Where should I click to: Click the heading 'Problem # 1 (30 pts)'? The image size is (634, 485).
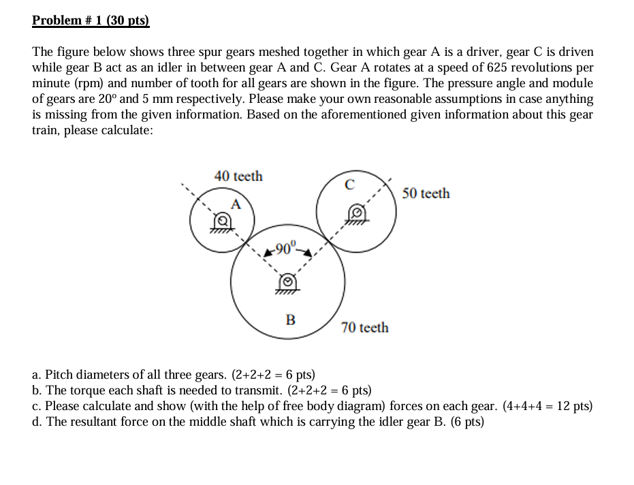point(91,20)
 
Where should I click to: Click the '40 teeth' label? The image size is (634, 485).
point(238,176)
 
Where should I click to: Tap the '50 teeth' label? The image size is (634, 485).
point(426,193)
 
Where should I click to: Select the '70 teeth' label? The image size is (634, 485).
point(365,328)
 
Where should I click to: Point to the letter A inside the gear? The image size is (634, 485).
point(236,203)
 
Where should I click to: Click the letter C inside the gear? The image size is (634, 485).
point(349,183)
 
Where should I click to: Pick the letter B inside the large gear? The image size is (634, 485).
point(290,319)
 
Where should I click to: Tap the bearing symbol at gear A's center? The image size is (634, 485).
point(221,222)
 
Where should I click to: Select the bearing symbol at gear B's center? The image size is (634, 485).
point(289,282)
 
